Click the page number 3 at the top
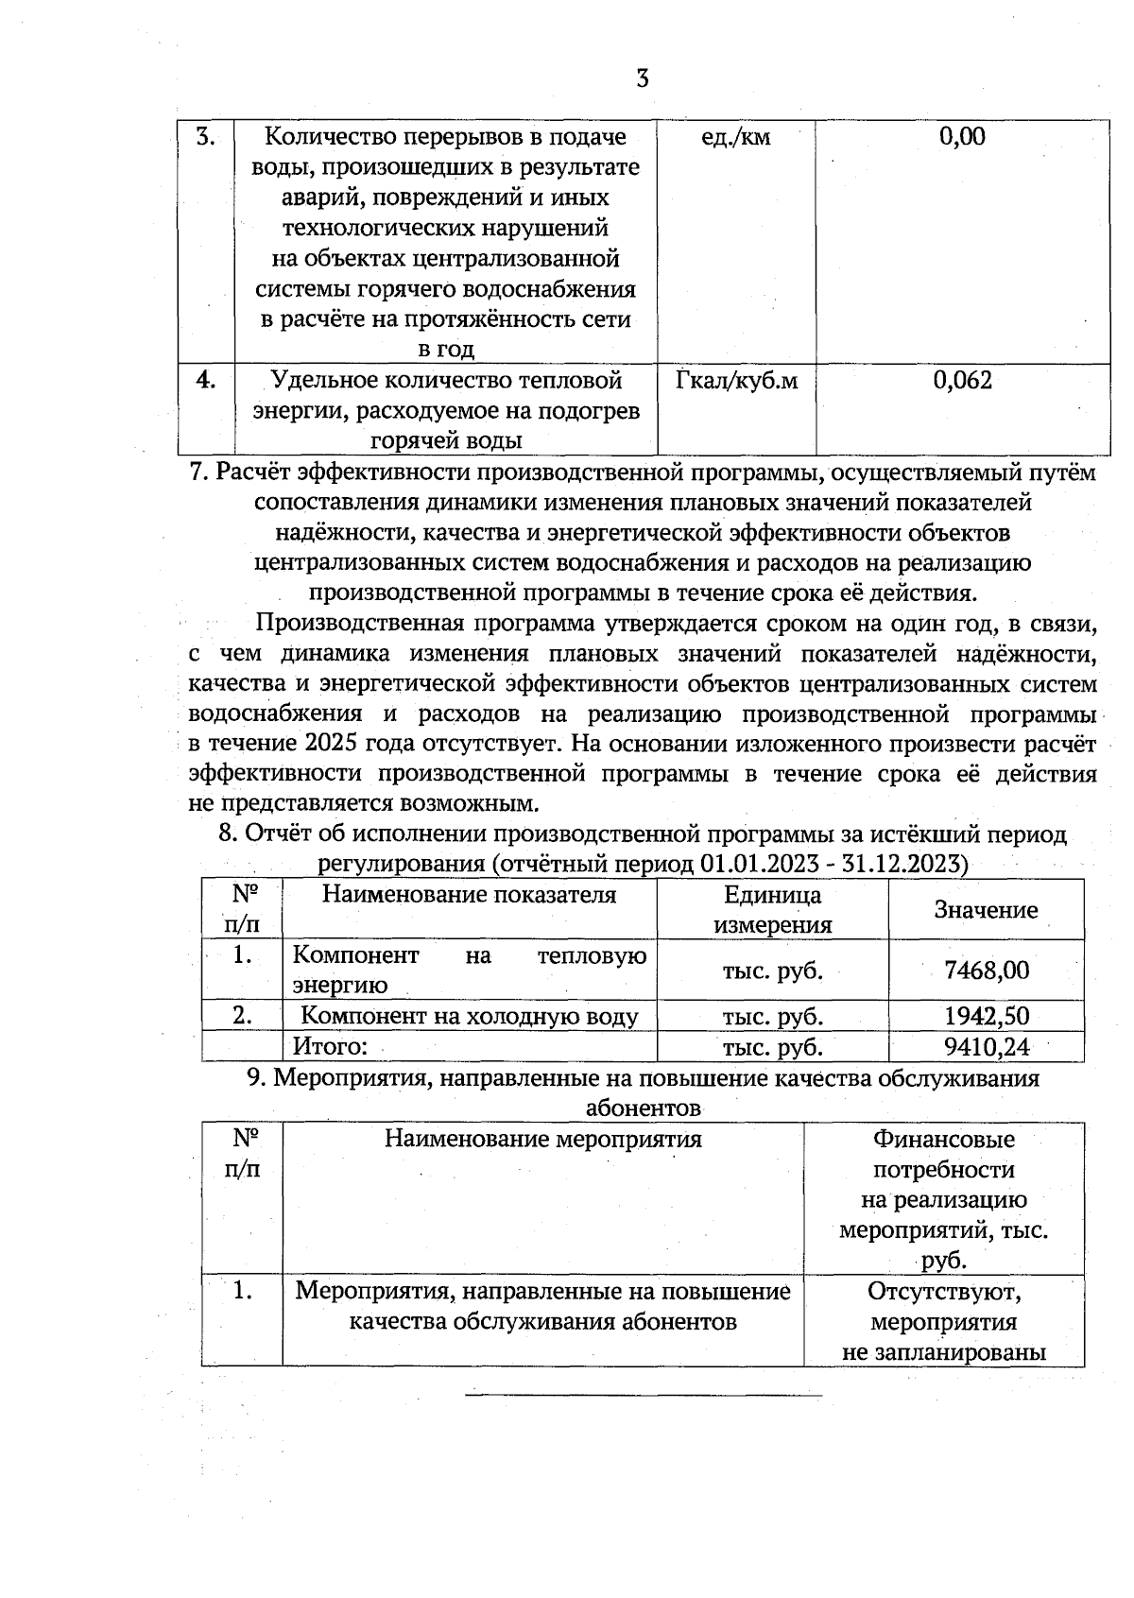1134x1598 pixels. tap(642, 78)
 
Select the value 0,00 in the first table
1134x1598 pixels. tap(962, 137)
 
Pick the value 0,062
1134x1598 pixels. tap(962, 380)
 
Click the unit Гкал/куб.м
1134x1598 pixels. tap(736, 380)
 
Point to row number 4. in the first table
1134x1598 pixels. tap(206, 380)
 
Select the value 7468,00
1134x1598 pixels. tap(986, 970)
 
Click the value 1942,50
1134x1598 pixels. tap(986, 1016)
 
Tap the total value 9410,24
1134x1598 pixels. tap(986, 1046)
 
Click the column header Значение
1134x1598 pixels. tap(985, 909)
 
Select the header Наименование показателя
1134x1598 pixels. tap(469, 894)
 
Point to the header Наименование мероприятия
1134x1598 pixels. tap(542, 1139)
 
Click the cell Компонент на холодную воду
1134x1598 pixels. tap(470, 1016)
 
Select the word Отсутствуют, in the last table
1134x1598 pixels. tap(943, 1291)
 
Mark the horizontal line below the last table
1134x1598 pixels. tap(643, 1395)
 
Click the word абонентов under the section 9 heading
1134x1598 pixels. tap(643, 1108)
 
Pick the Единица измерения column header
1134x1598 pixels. tap(772, 909)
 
